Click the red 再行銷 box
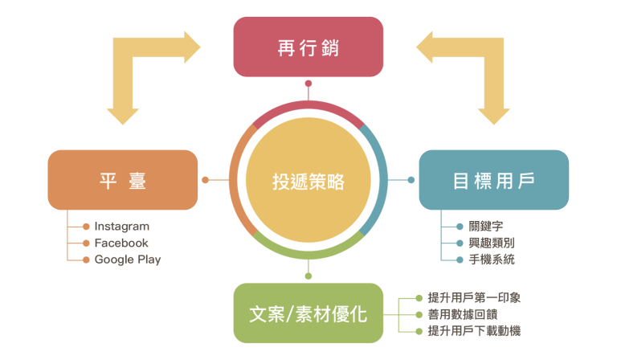point(308,47)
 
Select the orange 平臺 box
point(123,180)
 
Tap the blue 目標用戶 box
point(493,180)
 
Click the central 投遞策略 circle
point(308,181)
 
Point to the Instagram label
point(121,227)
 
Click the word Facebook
point(121,243)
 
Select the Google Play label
point(128,260)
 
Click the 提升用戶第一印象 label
point(474,298)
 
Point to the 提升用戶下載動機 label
point(474,330)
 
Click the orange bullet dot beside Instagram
point(86,227)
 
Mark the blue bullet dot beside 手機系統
point(460,260)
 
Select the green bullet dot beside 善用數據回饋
point(419,314)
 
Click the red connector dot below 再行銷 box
point(308,84)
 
